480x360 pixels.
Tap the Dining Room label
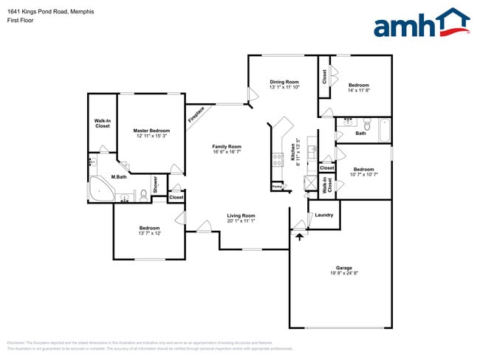click(x=284, y=82)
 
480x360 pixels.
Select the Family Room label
click(x=227, y=147)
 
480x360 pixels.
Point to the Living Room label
click(x=241, y=215)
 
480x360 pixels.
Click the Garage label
click(x=344, y=268)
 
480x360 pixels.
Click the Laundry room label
click(x=323, y=215)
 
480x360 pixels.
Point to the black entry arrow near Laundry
click(x=299, y=236)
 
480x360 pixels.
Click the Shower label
click(x=156, y=184)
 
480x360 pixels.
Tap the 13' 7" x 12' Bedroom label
click(x=149, y=229)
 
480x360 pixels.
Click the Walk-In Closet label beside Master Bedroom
click(x=102, y=123)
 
